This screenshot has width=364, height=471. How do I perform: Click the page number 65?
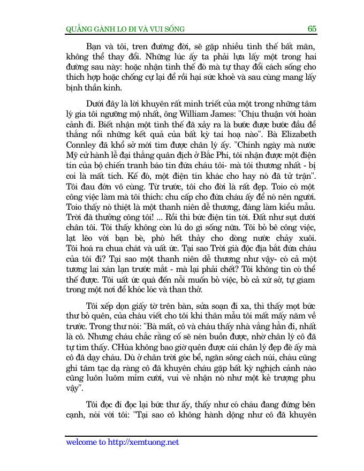[x=312, y=28]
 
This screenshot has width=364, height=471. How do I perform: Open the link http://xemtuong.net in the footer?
[x=143, y=443]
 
